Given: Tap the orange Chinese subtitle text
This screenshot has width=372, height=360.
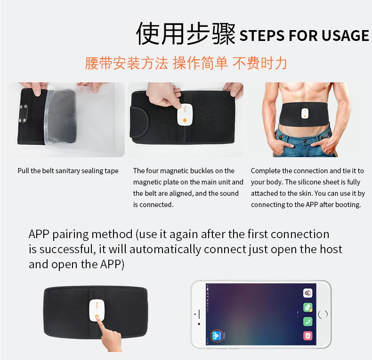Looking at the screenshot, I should click(186, 63).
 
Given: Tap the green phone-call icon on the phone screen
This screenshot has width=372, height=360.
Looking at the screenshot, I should click(307, 322).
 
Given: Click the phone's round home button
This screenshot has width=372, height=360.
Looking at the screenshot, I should click(323, 314).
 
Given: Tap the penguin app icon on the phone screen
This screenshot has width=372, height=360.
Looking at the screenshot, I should click(307, 293).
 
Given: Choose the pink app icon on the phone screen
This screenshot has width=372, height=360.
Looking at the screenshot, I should click(307, 336).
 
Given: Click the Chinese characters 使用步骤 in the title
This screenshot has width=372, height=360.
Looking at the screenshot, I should click(186, 34).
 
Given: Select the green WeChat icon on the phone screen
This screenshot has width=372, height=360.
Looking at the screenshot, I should click(307, 308).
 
